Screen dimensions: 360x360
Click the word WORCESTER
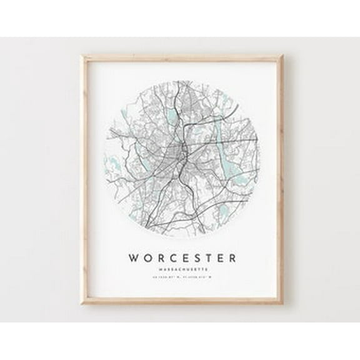coord(182,257)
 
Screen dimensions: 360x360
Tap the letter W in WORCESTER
coord(134,257)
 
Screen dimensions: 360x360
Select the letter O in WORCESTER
coord(147,257)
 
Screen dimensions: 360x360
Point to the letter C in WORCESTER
coord(171,257)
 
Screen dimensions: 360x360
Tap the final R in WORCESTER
coord(232,257)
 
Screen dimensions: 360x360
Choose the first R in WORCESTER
coord(159,257)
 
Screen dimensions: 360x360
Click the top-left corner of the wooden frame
coord(82,56)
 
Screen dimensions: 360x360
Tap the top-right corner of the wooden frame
coord(283,56)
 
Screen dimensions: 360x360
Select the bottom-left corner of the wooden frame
coord(82,304)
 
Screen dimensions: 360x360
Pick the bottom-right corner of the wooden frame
coord(283,304)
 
